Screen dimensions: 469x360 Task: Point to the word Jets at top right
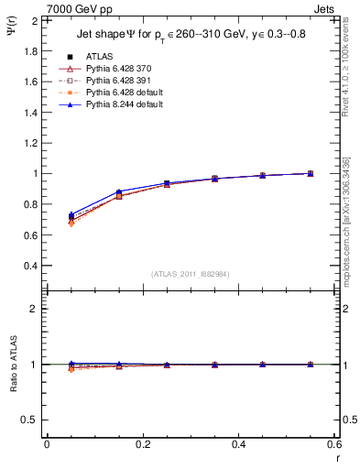(x=328, y=8)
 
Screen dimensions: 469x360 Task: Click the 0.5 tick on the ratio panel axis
(x=32, y=420)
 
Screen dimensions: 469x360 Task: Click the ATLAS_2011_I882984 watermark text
(x=190, y=274)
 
